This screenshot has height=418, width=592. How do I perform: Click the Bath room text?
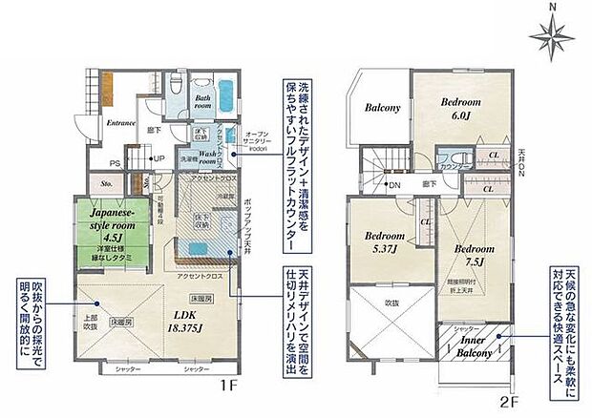click(x=203, y=102)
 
